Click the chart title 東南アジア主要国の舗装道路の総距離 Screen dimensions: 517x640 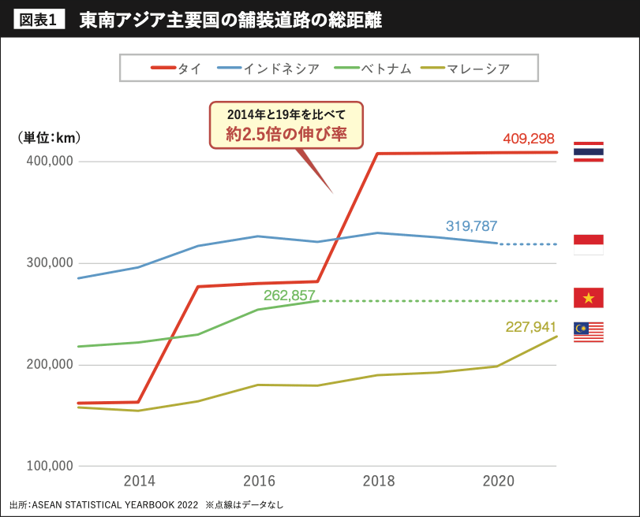(230, 21)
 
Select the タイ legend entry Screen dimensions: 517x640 (177, 69)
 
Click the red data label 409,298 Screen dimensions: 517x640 (529, 139)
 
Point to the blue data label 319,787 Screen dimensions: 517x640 (471, 225)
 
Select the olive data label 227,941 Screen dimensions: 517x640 (531, 326)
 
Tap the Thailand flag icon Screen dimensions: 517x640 (589, 151)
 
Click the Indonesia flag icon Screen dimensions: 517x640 (589, 244)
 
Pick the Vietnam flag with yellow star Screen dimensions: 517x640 (589, 297)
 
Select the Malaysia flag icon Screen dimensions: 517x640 (589, 332)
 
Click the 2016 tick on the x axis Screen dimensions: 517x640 (259, 481)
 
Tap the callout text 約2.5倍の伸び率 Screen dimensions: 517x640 (286, 133)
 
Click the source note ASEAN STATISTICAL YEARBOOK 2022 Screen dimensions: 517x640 (116, 504)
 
